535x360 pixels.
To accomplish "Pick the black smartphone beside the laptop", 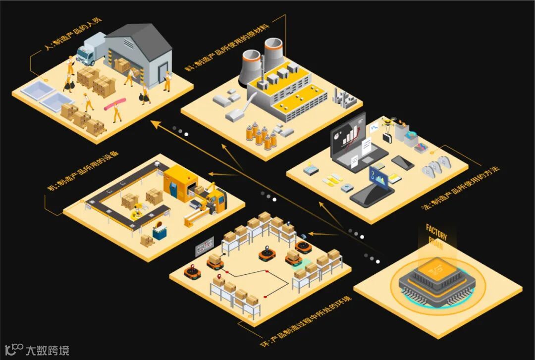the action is pyautogui.click(x=402, y=163).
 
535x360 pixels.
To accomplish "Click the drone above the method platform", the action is pyautogui.click(x=391, y=122).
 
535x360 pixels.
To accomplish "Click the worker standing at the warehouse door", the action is pyautogui.click(x=167, y=81).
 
